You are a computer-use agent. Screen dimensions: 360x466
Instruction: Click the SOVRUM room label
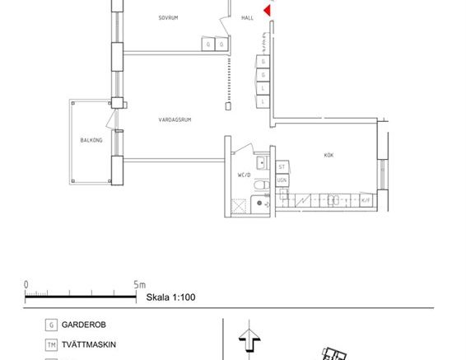169,17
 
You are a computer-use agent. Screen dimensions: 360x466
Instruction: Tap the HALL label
248,17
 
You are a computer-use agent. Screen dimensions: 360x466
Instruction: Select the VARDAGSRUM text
175,120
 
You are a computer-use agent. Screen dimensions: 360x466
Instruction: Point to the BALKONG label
91,140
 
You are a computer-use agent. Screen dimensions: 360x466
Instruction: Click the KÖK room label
329,155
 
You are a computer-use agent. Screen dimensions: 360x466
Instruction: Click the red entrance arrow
267,10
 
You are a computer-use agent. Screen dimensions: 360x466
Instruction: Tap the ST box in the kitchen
282,166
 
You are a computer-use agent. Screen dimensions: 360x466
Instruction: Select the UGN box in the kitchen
282,180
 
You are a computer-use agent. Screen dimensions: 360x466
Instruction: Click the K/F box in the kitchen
366,199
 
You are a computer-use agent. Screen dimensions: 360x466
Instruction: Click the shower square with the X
240,206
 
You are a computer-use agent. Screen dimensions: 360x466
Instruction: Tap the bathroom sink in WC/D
261,161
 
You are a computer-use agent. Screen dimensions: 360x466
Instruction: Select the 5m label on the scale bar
139,285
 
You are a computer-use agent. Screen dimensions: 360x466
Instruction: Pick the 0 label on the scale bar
26,285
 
